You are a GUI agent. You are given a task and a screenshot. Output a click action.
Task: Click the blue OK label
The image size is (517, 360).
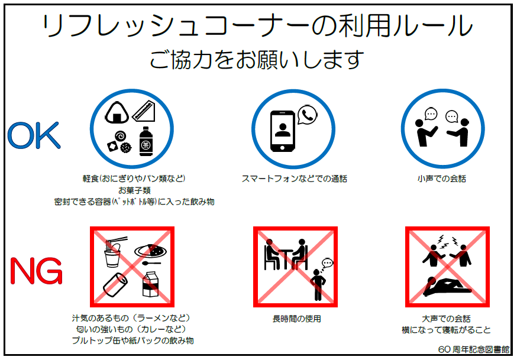pyautogui.click(x=34, y=135)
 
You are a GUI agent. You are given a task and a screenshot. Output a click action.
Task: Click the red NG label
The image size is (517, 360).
pyautogui.click(x=36, y=271)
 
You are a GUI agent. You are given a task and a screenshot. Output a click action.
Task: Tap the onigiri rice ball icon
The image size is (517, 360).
pyautogui.click(x=117, y=112)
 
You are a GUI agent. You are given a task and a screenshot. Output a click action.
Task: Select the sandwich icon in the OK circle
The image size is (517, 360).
pyautogui.click(x=144, y=111)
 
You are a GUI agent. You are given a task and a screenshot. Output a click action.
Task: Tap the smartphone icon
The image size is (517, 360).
pyautogui.click(x=282, y=131)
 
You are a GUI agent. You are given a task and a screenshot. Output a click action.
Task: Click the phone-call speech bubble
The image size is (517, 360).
pyautogui.click(x=307, y=115)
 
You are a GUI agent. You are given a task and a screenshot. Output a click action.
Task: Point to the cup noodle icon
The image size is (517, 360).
pyautogui.click(x=114, y=252)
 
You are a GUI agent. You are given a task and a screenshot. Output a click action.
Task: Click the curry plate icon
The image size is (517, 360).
pyautogui.click(x=151, y=251)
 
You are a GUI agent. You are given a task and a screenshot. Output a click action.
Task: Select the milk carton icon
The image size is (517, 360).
pyautogui.click(x=150, y=284)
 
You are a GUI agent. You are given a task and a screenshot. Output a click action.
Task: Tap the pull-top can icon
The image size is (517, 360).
pyautogui.click(x=115, y=284)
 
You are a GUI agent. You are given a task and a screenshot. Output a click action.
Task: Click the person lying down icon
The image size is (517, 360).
pyautogui.click(x=447, y=287)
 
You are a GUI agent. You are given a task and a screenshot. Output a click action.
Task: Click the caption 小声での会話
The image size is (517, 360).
pyautogui.click(x=441, y=179)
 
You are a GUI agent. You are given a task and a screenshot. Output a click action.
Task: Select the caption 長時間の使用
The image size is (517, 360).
pyautogui.click(x=296, y=319)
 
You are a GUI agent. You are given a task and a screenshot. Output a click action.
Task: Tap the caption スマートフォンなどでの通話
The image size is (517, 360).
pyautogui.click(x=294, y=179)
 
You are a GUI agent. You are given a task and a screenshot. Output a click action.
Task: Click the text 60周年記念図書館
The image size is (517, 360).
pyautogui.click(x=474, y=349)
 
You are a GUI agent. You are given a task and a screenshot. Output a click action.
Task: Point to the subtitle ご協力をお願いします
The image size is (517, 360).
pyautogui.click(x=257, y=60)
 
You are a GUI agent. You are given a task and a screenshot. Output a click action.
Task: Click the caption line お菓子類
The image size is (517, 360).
pyautogui.click(x=134, y=190)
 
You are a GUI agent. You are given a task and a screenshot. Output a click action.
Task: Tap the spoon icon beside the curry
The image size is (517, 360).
pyautogui.click(x=151, y=263)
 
